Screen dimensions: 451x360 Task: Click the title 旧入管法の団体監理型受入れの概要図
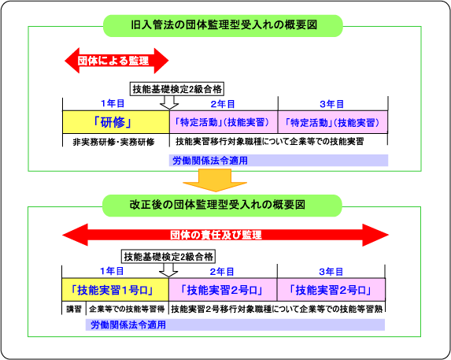(224, 25)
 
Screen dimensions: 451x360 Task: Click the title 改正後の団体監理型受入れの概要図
(217, 205)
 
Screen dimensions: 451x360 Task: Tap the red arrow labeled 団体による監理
(116, 61)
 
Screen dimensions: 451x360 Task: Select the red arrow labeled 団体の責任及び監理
(225, 235)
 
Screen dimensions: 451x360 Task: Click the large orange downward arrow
(215, 180)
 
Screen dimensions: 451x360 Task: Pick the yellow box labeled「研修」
(116, 122)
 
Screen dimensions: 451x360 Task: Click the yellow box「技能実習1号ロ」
(115, 290)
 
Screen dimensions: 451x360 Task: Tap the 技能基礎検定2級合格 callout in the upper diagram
(177, 89)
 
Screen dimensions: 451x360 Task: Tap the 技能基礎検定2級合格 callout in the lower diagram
(168, 256)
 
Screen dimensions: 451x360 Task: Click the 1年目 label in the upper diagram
(113, 103)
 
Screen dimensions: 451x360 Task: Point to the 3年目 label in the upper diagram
(331, 104)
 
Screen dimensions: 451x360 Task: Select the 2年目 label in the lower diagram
(222, 272)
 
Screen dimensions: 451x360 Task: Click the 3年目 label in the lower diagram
(331, 272)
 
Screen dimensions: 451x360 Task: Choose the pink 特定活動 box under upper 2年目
(224, 122)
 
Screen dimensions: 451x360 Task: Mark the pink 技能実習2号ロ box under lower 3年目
(331, 290)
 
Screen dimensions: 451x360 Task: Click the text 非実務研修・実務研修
(113, 142)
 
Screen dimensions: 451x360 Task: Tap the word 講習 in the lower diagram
(74, 309)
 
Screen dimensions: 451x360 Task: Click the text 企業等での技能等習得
(127, 309)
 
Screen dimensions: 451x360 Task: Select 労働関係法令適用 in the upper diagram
(210, 160)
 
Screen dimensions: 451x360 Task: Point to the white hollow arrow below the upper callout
(169, 102)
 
